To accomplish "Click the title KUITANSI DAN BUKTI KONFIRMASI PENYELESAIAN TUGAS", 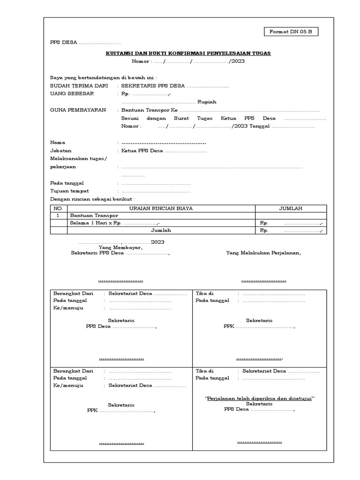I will [188, 53].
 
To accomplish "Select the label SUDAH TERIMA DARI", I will [79, 86].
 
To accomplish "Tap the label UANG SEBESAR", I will [72, 94].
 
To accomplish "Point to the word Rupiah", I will [207, 102].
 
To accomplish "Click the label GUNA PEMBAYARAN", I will [77, 110].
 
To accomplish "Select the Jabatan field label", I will [60, 151].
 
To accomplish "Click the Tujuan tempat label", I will [69, 191].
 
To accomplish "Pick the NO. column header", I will [59, 208].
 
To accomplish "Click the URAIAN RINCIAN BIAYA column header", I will [161, 208].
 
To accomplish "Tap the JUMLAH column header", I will [291, 208].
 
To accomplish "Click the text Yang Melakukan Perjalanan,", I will [263, 253].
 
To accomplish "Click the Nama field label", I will [58, 142].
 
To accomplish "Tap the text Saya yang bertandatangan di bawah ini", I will [103, 77].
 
